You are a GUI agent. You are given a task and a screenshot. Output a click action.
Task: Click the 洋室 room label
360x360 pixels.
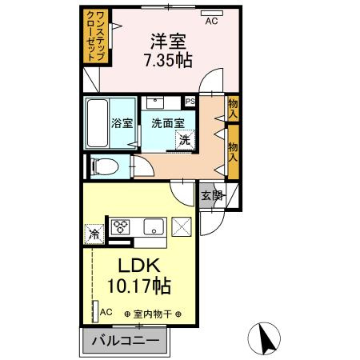tap(168, 42)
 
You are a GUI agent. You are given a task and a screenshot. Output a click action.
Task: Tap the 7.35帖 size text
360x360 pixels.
tap(168, 60)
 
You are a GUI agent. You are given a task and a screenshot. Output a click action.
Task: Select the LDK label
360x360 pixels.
tap(139, 265)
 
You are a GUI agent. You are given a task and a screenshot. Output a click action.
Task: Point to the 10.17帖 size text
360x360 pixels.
tap(139, 286)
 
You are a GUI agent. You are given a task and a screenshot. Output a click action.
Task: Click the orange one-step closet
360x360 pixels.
tap(96, 36)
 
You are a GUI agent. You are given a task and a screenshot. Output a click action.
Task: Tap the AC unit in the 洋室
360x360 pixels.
tap(212, 13)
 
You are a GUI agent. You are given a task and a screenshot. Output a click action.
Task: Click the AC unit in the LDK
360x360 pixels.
tap(95, 311)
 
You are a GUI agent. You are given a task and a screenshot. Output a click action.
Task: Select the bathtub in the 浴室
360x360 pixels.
tap(98, 123)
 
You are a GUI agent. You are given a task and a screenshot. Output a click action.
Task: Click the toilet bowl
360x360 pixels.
tap(105, 166)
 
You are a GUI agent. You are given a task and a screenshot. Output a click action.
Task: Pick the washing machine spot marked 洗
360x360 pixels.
tap(185, 140)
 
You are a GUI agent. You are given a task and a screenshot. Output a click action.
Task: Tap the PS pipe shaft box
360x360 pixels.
tap(190, 102)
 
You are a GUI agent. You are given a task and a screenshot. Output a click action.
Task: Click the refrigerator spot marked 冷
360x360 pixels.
tap(94, 234)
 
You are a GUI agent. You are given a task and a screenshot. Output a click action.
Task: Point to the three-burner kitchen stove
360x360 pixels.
tap(120, 227)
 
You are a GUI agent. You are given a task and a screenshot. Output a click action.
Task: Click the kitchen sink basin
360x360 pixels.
tap(154, 226)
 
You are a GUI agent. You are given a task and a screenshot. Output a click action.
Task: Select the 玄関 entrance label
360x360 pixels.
tap(212, 196)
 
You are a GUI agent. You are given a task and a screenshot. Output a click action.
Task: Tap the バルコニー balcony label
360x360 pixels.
tap(126, 341)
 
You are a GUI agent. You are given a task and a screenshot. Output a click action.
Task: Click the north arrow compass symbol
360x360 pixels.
tap(264, 338)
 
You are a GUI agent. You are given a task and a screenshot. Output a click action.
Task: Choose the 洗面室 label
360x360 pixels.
tap(168, 123)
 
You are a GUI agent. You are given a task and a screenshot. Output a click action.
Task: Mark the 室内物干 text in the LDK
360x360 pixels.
tap(153, 314)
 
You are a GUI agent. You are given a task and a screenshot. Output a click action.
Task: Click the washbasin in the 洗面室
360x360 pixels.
tap(155, 102)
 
